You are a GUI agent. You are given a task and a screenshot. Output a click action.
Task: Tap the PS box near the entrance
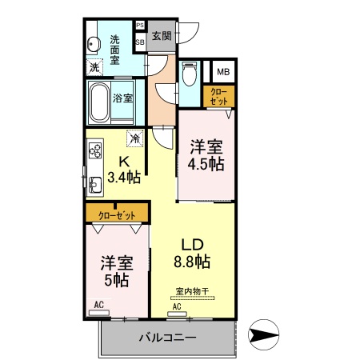tap(140, 26)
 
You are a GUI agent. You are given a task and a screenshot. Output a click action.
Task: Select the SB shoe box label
tap(140, 41)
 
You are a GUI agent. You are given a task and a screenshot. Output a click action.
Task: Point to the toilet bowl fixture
tap(189, 77)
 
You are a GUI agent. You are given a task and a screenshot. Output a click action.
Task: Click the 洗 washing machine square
tap(95, 67)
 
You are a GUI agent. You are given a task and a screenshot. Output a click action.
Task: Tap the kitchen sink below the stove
tap(94, 187)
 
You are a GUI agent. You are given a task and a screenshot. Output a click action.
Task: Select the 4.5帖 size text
tap(206, 164)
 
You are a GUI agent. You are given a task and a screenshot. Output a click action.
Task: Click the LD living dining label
tap(192, 243)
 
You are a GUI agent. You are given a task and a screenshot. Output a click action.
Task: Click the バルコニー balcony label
tap(166, 338)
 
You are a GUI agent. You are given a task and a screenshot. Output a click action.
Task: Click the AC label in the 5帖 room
tap(99, 305)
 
